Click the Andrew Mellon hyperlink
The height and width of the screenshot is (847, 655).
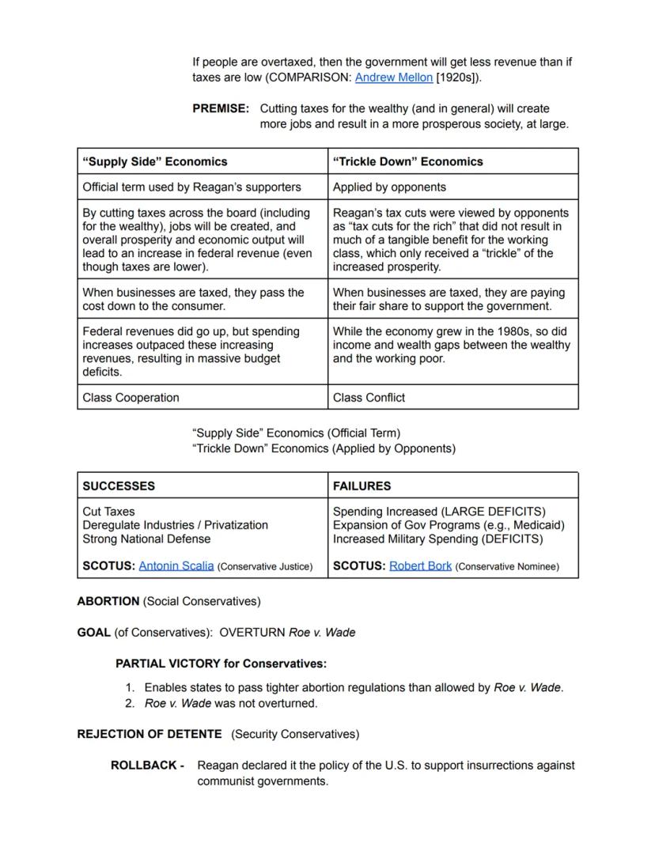tap(393, 78)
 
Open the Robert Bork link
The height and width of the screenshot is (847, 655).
tap(420, 566)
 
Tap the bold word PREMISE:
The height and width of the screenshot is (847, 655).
tap(221, 108)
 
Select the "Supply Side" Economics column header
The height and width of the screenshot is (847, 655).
tap(155, 161)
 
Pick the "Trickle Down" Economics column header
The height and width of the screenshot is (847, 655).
tap(407, 161)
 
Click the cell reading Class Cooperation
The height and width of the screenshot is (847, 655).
tap(131, 398)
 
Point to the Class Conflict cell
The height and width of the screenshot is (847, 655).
tap(369, 398)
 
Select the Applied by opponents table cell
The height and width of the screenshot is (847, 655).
tap(389, 187)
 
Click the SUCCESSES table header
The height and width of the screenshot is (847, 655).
tap(119, 486)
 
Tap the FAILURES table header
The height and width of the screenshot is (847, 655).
tap(362, 486)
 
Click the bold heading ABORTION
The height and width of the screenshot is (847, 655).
tap(108, 601)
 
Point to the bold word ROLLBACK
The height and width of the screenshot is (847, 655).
tap(144, 766)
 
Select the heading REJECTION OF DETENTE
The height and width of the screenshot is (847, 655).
tap(150, 734)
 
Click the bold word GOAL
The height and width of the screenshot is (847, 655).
tap(93, 632)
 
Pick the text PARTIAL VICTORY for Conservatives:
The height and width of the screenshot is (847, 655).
tap(221, 664)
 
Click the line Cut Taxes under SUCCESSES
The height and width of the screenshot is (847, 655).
tap(108, 512)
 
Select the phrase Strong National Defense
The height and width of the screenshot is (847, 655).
tap(146, 539)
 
